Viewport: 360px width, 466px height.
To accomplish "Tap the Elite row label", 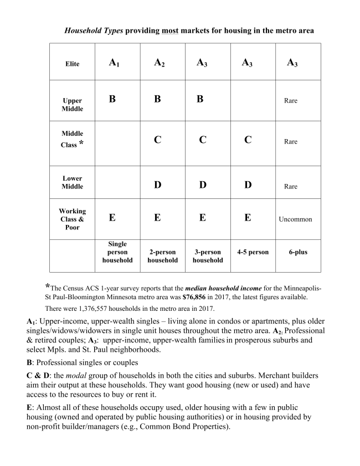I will tap(72, 64).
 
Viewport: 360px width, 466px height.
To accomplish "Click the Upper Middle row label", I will tap(72, 105).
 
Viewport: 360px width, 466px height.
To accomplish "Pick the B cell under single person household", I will tap(112, 99).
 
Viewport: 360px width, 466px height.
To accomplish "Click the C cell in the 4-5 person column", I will tap(248, 140).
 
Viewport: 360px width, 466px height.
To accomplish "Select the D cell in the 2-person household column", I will tap(157, 185).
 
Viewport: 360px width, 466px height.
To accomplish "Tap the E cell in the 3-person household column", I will tap(202, 218).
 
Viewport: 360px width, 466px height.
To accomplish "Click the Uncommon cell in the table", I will tap(295, 219).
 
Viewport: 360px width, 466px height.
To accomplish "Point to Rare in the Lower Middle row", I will tap(291, 187).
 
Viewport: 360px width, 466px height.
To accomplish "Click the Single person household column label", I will tap(117, 252).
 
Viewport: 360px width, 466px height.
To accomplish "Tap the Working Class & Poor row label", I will tap(72, 219).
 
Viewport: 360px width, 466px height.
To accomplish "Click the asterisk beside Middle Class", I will tap(81, 144).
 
